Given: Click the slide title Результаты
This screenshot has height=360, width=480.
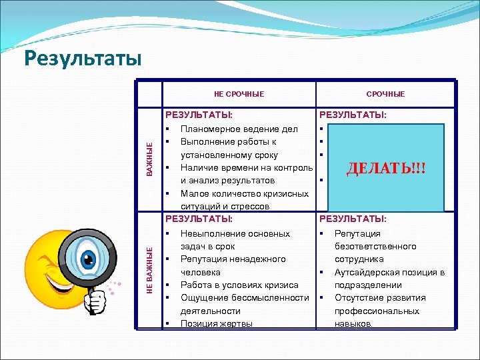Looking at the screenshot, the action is click(x=83, y=58).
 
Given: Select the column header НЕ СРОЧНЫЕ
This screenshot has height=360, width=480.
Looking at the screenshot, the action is click(x=239, y=94).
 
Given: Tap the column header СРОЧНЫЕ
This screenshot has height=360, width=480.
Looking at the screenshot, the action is click(x=385, y=94).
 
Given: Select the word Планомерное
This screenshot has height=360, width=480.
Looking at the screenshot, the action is click(x=211, y=129).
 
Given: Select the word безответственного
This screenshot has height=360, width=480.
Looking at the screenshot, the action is click(x=375, y=246).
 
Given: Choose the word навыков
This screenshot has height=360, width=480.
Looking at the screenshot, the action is click(x=353, y=323).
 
